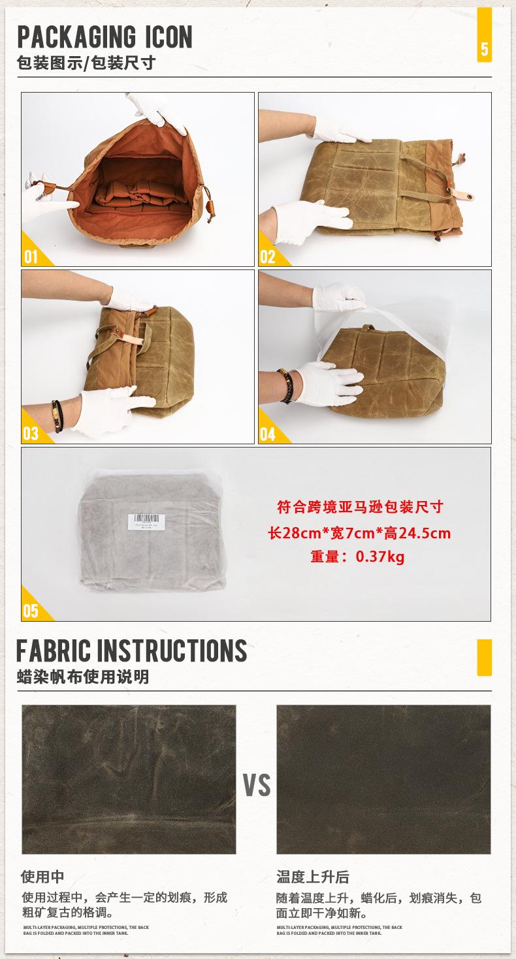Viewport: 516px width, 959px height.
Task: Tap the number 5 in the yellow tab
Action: coord(484,50)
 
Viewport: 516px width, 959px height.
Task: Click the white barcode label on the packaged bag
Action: coord(146,520)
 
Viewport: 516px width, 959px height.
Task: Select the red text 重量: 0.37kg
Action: coord(358,556)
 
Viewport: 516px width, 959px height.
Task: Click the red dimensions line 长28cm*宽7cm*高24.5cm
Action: coord(359,532)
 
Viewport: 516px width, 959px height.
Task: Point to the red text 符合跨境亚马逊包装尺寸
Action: coord(360,507)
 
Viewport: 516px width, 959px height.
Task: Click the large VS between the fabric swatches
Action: coord(257,785)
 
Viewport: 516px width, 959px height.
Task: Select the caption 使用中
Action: coord(43,876)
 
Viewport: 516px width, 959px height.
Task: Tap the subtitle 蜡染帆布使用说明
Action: coord(83,677)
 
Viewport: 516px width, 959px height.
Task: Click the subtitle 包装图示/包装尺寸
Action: coord(86,64)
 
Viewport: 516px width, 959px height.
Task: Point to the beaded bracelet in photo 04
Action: coord(285,385)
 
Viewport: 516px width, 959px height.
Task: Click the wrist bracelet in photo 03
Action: coord(58,416)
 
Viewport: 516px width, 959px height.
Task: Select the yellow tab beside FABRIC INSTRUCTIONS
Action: coord(484,657)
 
